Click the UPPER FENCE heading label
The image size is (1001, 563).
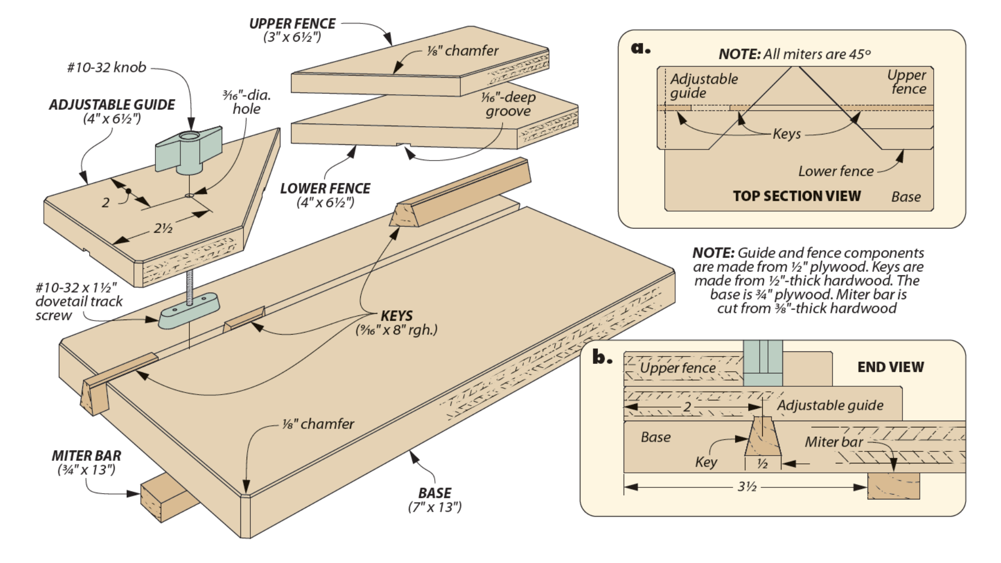click(x=292, y=24)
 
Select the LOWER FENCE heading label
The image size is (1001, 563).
click(x=325, y=189)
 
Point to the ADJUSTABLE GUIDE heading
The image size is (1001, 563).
click(x=112, y=105)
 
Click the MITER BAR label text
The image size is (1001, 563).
click(x=87, y=456)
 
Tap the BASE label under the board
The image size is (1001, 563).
click(x=435, y=493)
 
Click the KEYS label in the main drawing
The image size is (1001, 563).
click(x=396, y=316)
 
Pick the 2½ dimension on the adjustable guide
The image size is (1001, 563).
click(x=163, y=228)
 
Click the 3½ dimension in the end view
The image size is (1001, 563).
click(x=747, y=487)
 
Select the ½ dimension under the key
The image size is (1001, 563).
click(x=762, y=463)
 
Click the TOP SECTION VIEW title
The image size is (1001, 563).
click(x=797, y=196)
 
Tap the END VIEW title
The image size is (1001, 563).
click(x=890, y=367)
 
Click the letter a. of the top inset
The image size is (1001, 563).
click(x=641, y=48)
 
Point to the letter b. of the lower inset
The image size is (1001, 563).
click(x=602, y=358)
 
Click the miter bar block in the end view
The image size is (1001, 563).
click(x=893, y=486)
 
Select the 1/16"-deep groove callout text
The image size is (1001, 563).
click(x=508, y=104)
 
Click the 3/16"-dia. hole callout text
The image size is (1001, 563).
click(x=247, y=102)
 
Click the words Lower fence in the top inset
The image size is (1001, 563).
click(x=836, y=172)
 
